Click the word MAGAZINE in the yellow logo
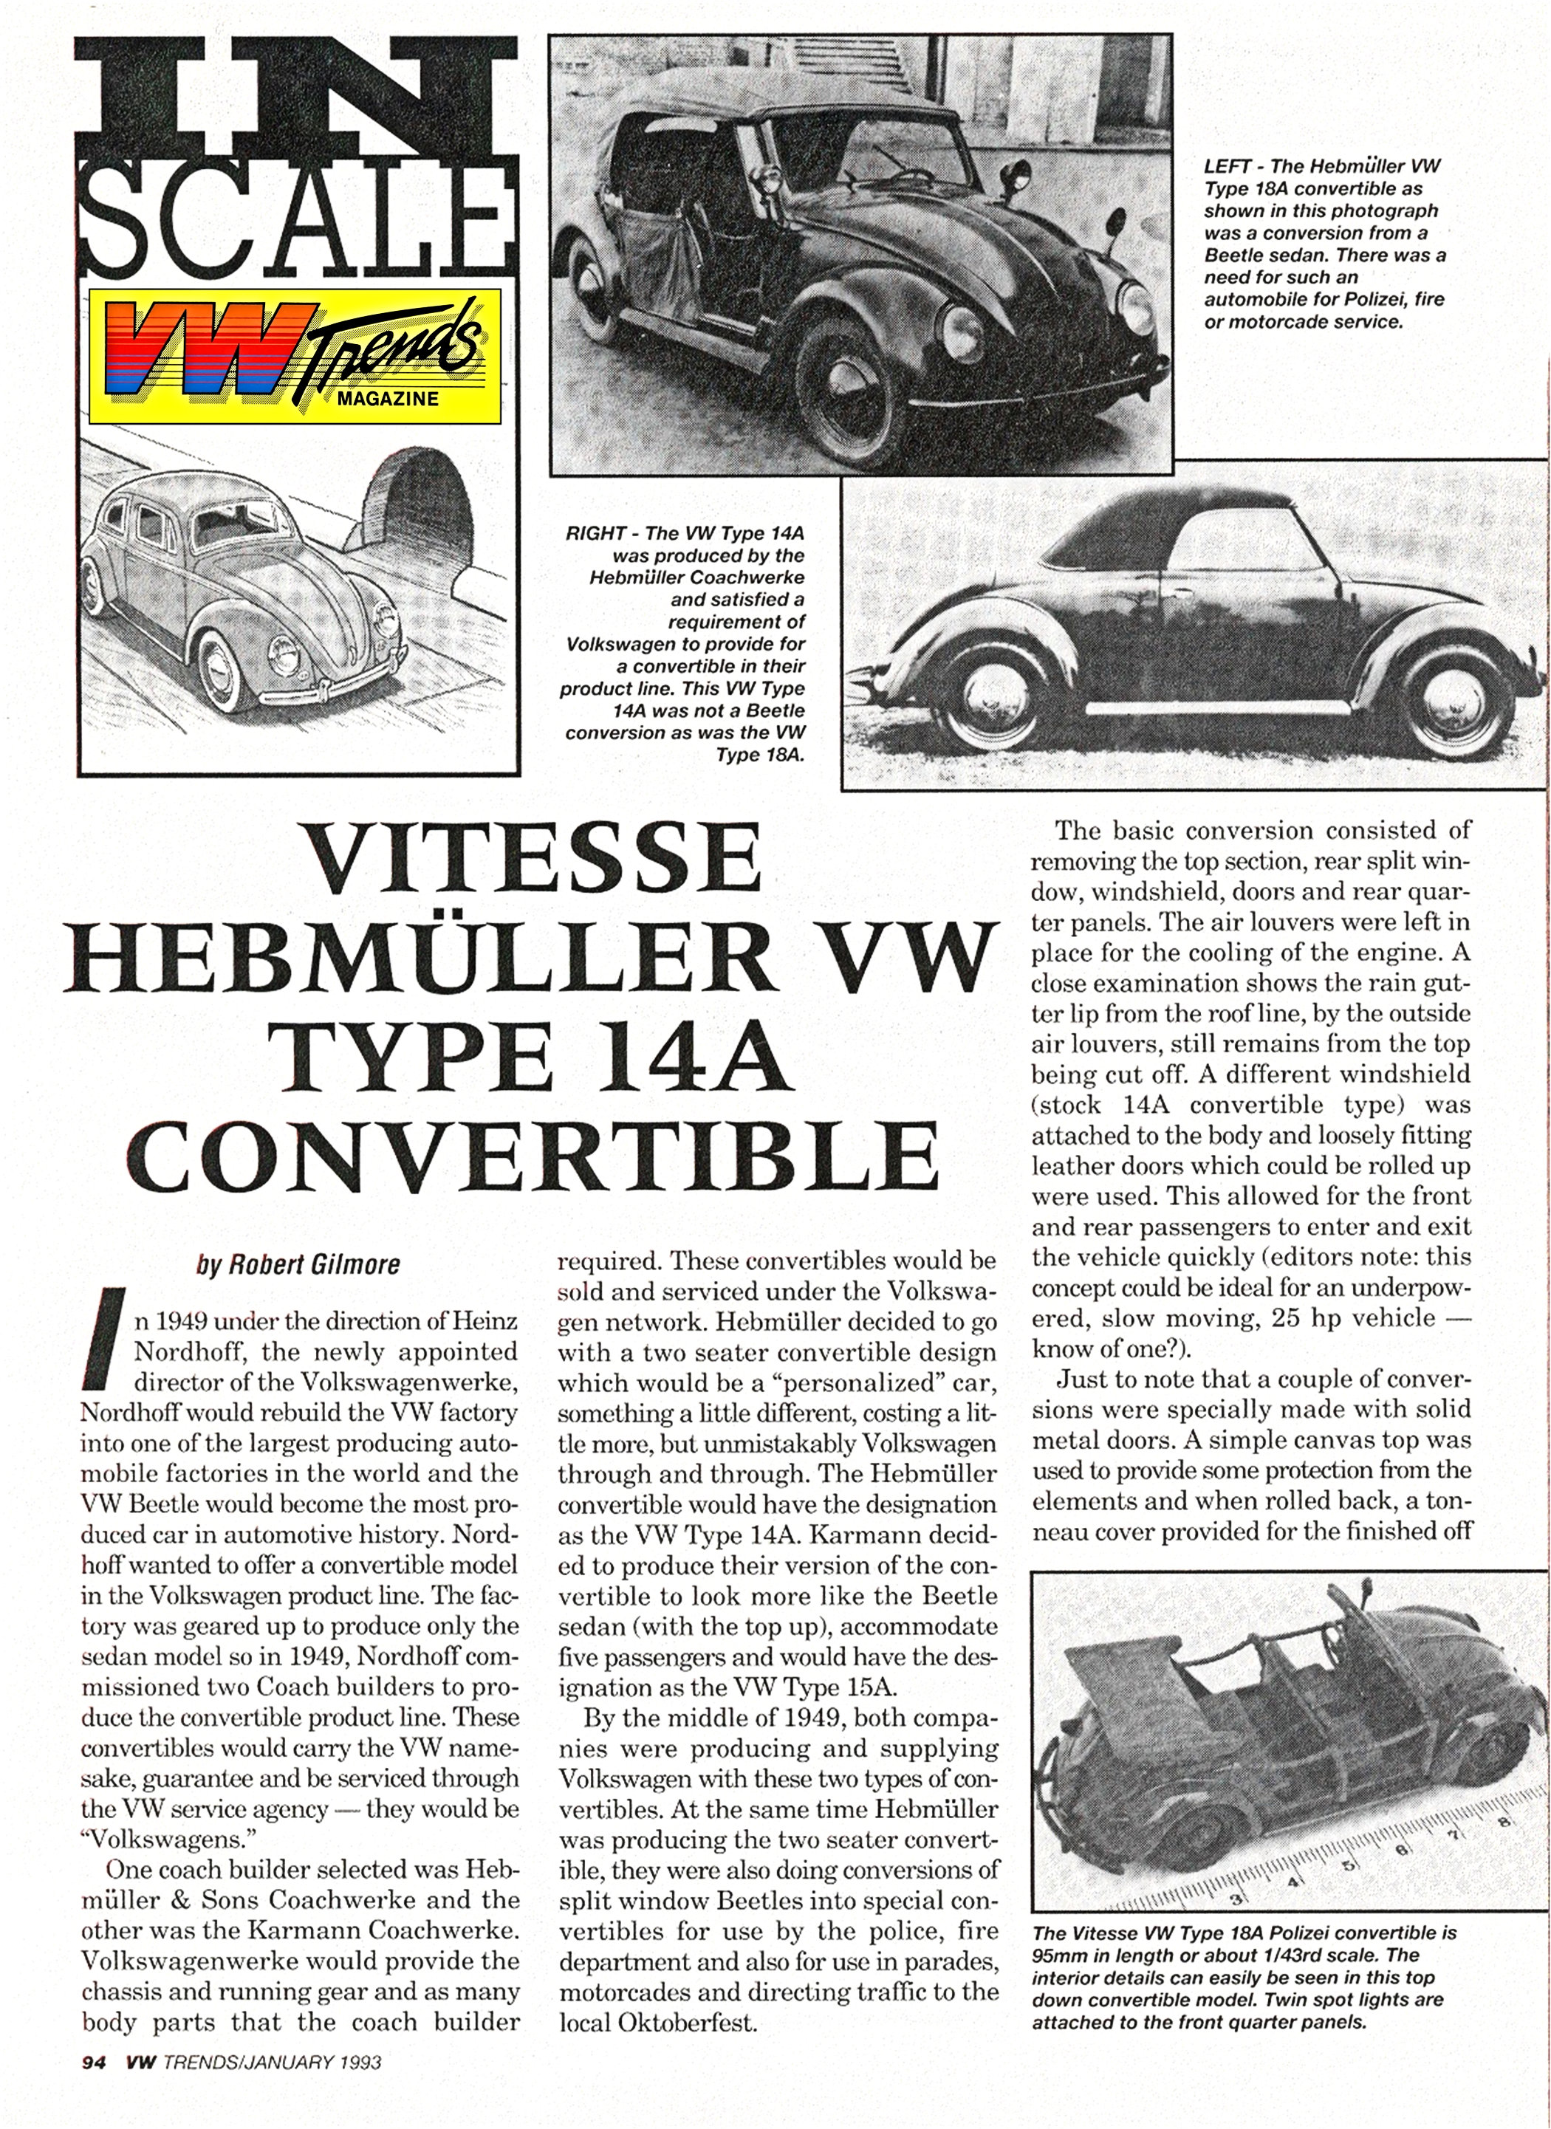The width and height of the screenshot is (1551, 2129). coord(388,398)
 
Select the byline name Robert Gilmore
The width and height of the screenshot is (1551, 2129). coord(298,1264)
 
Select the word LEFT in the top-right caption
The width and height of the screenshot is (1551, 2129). coord(1226,167)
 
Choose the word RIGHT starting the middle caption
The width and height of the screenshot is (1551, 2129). coord(595,533)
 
